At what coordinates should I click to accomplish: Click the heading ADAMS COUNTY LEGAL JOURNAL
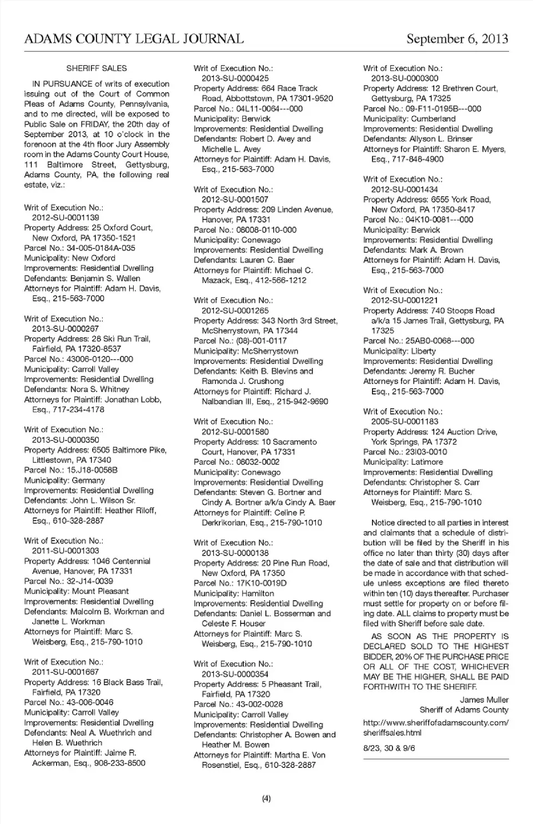[134, 39]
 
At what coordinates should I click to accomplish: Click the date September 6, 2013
[457, 39]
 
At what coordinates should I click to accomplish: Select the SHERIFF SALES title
[97, 68]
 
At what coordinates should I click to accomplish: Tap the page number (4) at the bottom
[266, 798]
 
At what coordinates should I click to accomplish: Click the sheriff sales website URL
[435, 727]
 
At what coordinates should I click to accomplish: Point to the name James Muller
[484, 700]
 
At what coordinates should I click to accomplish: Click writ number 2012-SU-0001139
[66, 218]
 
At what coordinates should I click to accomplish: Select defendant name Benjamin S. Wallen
[105, 278]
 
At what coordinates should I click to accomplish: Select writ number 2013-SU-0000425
[235, 78]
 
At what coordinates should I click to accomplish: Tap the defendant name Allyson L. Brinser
[441, 139]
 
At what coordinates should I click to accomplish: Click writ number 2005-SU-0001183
[405, 422]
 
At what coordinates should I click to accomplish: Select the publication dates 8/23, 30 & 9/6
[389, 748]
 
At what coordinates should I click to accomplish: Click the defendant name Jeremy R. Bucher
[442, 371]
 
